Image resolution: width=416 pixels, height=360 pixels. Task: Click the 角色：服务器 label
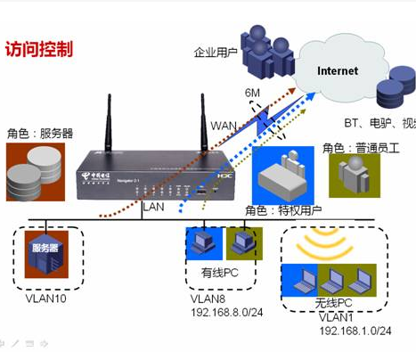click(40, 134)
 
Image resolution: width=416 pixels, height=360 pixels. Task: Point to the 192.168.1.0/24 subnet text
click(355, 330)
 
